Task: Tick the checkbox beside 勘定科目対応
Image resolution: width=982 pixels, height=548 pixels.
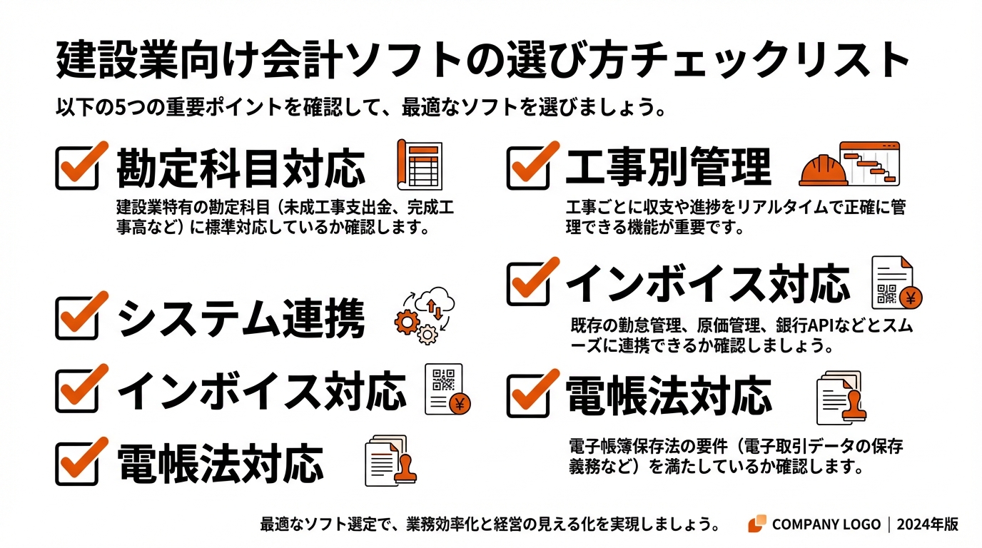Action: (77, 166)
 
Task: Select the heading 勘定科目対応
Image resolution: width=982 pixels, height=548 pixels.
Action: (241, 168)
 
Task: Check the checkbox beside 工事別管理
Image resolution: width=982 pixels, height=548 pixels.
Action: (529, 166)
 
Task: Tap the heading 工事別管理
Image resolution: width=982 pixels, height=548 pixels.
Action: (668, 167)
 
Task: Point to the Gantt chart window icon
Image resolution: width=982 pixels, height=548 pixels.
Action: (870, 163)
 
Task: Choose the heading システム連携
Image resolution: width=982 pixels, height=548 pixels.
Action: (241, 318)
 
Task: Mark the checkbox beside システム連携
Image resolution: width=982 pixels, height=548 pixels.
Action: (77, 316)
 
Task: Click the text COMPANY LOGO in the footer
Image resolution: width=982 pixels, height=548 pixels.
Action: (826, 524)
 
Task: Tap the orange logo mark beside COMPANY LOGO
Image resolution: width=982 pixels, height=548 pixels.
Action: (757, 524)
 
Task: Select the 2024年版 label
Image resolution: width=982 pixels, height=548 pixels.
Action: (928, 524)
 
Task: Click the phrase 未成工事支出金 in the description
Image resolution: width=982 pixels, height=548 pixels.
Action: (336, 208)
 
